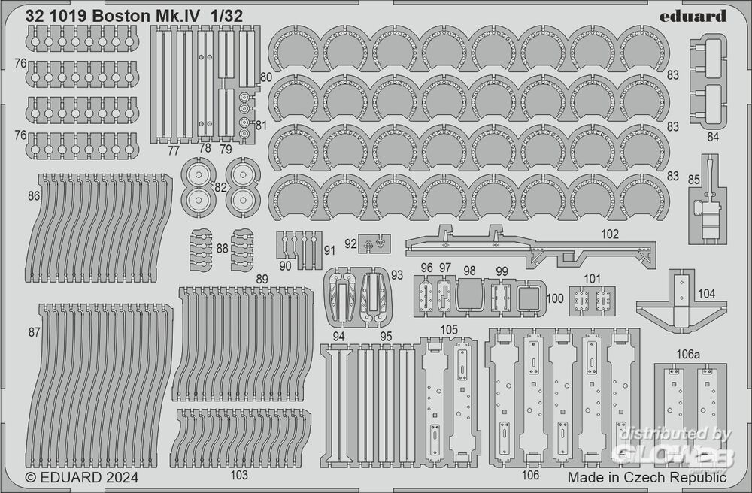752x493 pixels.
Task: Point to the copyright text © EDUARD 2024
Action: (81, 476)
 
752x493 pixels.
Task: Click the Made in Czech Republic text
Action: (647, 477)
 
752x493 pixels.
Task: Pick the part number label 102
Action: (610, 234)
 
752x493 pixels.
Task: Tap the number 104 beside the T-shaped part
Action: (708, 295)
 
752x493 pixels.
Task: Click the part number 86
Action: (33, 195)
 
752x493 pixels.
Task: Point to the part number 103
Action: (240, 475)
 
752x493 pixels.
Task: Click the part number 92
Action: (350, 243)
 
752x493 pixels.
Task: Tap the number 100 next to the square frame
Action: (554, 298)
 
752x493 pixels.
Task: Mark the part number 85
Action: (694, 179)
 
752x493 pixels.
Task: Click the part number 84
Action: (713, 137)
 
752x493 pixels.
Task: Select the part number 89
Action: (262, 279)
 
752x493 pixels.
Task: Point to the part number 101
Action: (592, 279)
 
